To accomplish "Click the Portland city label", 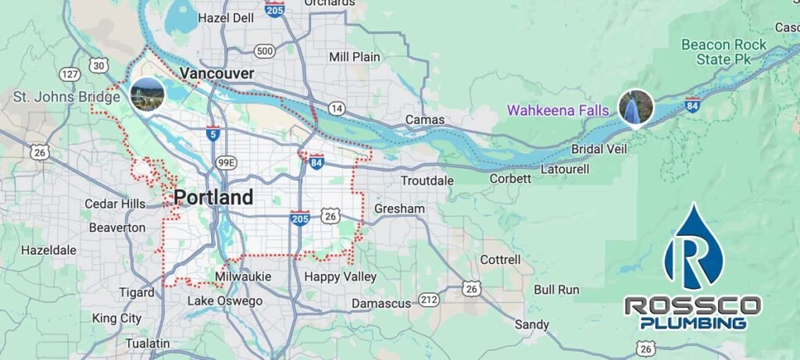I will pyautogui.click(x=213, y=198).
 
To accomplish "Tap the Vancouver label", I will pyautogui.click(x=216, y=73).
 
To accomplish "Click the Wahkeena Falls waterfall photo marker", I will pyautogui.click(x=635, y=108).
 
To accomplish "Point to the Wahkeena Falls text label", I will pyautogui.click(x=557, y=111).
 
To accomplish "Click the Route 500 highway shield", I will pyautogui.click(x=265, y=52).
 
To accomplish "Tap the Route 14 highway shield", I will pyautogui.click(x=337, y=108).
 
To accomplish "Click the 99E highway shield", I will pyautogui.click(x=226, y=163).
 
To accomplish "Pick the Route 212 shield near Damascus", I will pyautogui.click(x=428, y=299).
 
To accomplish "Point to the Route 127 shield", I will pyautogui.click(x=70, y=74).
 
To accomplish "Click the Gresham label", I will pyautogui.click(x=399, y=209).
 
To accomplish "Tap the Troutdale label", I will pyautogui.click(x=427, y=180).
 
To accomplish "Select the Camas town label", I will pyautogui.click(x=425, y=120).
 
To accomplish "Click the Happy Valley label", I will pyautogui.click(x=341, y=277).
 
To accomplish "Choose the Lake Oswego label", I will pyautogui.click(x=225, y=301).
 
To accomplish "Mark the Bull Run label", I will pyautogui.click(x=556, y=290).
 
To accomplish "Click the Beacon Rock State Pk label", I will pyautogui.click(x=718, y=52).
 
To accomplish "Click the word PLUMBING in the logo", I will pyautogui.click(x=692, y=323).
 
